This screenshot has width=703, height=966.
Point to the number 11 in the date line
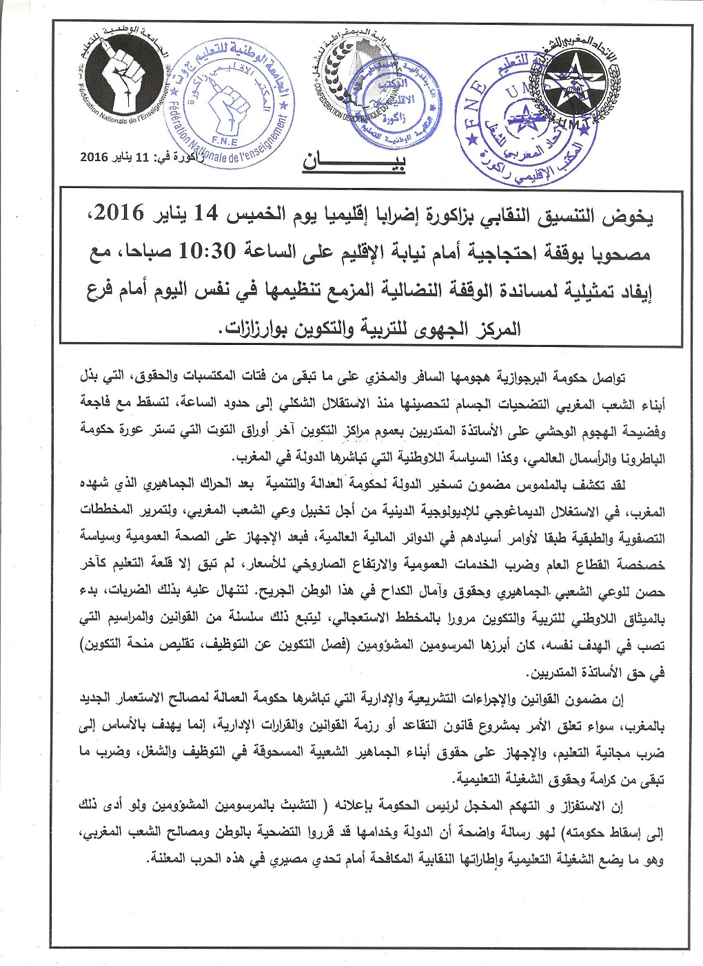(x=141, y=156)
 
